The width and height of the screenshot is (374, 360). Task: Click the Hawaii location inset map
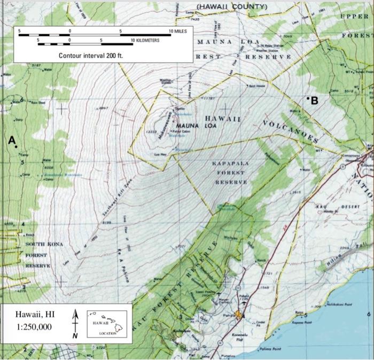(x=106, y=324)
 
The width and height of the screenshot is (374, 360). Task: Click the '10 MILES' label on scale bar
(x=177, y=32)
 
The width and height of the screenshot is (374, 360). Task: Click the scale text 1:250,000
(x=33, y=327)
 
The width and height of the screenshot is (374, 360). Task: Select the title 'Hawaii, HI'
(x=33, y=315)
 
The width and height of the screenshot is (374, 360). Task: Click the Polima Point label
(x=271, y=349)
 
